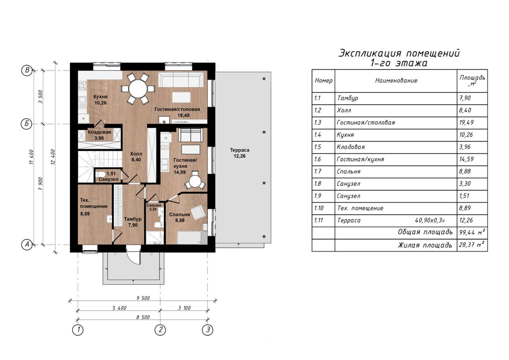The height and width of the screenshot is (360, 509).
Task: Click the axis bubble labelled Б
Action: pos(27,124)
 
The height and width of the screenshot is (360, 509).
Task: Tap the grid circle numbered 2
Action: pos(160,330)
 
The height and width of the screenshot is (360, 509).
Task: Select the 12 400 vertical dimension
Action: pos(53,157)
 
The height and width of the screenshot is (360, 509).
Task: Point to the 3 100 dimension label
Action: pos(184,308)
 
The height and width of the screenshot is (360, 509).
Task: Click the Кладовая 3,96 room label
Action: pos(99,135)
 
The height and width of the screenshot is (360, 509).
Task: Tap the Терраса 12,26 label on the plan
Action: pos(240,153)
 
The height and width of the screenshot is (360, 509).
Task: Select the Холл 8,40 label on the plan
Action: pos(136,157)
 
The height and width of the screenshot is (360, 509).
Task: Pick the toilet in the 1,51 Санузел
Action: pos(100,174)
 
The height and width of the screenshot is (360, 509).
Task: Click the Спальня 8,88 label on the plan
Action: pos(180,218)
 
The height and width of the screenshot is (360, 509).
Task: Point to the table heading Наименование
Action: pos(396,80)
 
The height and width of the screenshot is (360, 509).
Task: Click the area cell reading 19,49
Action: pos(466,122)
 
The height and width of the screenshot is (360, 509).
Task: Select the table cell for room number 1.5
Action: pos(323,147)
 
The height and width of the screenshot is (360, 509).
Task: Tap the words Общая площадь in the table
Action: pos(425,232)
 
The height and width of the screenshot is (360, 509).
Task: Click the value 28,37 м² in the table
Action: pos(472,245)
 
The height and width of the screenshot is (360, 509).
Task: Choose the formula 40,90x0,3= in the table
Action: pos(430,220)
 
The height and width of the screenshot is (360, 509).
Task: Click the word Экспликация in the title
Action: pos(370,53)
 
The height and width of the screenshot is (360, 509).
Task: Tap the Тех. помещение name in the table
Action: pos(360,208)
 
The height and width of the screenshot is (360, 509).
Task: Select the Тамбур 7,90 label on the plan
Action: pos(133,222)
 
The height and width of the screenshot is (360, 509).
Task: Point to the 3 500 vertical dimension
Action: pos(40,97)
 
